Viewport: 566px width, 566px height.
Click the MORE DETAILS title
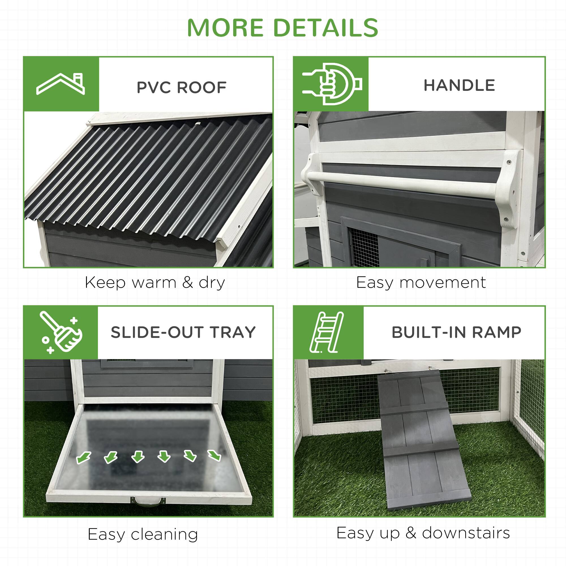(283, 28)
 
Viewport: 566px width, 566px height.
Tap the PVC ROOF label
(182, 87)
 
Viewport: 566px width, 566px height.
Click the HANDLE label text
(459, 85)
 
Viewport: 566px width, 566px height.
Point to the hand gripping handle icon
(332, 84)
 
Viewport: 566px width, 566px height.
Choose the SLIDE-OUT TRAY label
(183, 333)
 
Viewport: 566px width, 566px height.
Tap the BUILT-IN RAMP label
(456, 333)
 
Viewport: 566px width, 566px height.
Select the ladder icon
(326, 332)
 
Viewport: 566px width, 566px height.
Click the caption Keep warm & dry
(155, 283)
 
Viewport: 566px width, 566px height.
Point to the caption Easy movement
(421, 283)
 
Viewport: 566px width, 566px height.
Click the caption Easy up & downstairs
(423, 533)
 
